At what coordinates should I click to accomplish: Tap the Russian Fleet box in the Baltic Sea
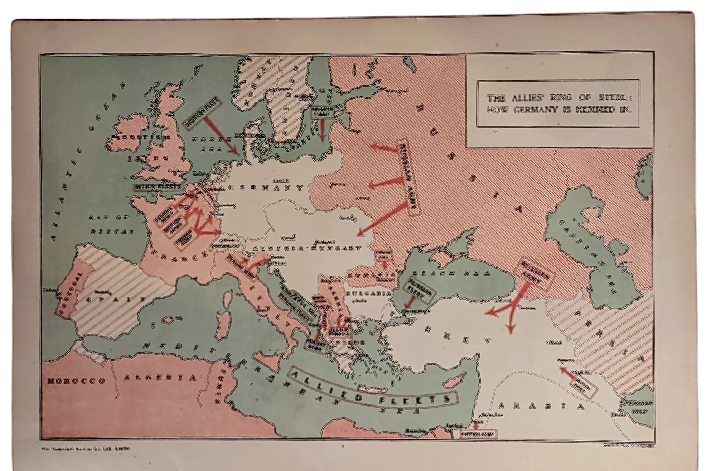click(322, 112)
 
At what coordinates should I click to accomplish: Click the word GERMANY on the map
click(265, 188)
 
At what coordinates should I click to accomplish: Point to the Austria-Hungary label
click(307, 248)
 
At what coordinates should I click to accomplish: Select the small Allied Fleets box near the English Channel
click(158, 187)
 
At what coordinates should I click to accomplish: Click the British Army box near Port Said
click(478, 434)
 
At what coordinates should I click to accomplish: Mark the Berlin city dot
click(276, 180)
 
